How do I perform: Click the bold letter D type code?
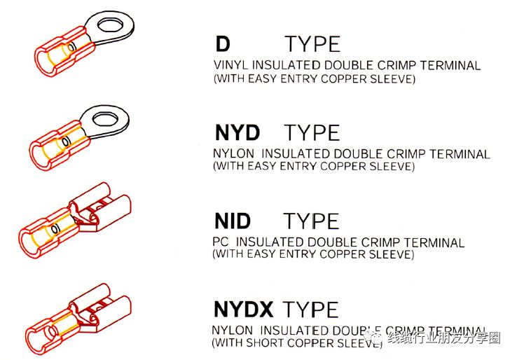[223, 44]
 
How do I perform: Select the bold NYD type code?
[237, 132]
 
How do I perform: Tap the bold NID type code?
[233, 221]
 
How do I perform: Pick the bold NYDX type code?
[243, 309]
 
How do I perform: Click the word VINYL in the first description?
[231, 65]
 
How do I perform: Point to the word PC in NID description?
[221, 242]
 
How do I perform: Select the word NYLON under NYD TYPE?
[233, 153]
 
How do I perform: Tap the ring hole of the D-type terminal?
[111, 25]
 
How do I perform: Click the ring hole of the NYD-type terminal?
[105, 118]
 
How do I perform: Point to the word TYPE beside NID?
[311, 221]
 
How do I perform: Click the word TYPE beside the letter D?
[312, 44]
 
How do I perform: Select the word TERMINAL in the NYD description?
[460, 154]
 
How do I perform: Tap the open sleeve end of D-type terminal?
[43, 62]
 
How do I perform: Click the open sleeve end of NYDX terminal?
[34, 341]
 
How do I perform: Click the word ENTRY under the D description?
[299, 79]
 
